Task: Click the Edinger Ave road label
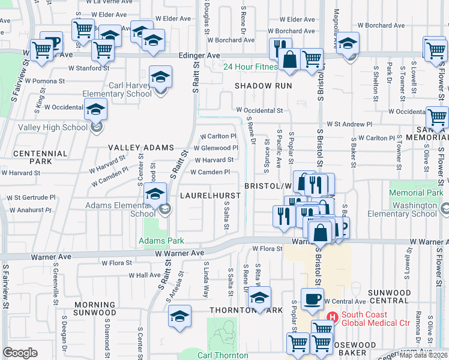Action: pyautogui.click(x=199, y=55)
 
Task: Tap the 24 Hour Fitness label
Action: pyautogui.click(x=250, y=67)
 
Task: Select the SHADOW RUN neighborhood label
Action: pyautogui.click(x=263, y=86)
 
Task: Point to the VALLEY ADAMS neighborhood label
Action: pyautogui.click(x=141, y=148)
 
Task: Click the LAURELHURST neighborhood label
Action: pyautogui.click(x=211, y=196)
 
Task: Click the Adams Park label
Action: pyautogui.click(x=160, y=241)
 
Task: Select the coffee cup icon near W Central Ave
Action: pyautogui.click(x=312, y=299)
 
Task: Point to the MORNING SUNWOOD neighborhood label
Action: pyautogui.click(x=95, y=308)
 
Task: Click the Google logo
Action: pyautogui.click(x=20, y=352)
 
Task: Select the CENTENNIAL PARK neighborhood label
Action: pyautogui.click(x=40, y=158)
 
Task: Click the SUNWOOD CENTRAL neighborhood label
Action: pyautogui.click(x=390, y=296)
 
